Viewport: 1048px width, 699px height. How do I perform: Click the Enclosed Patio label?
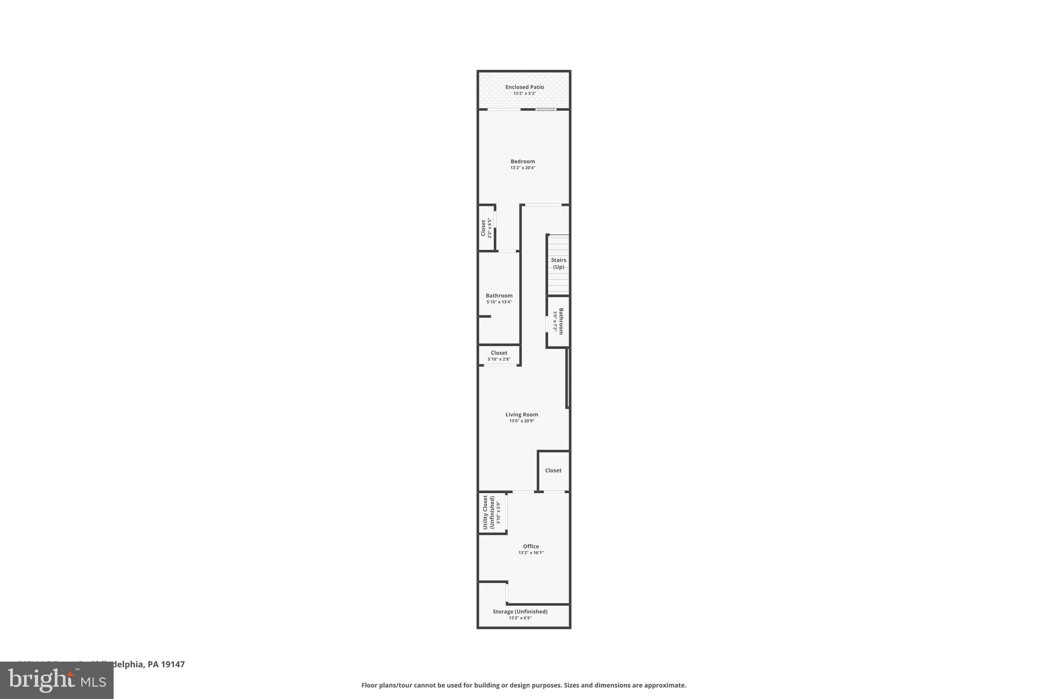(525, 87)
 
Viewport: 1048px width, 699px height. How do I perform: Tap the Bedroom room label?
(522, 161)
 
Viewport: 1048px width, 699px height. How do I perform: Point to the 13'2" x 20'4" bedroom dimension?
(522, 168)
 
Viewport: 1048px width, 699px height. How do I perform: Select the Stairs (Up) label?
(558, 263)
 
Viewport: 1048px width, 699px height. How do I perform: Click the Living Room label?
(521, 415)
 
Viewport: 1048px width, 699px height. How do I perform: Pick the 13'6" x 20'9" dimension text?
(521, 421)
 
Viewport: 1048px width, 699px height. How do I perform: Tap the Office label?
(531, 546)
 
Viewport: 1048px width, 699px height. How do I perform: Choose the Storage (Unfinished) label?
(520, 611)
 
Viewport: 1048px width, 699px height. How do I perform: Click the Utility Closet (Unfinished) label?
(488, 512)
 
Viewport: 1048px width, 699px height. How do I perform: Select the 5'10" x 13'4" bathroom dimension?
(499, 302)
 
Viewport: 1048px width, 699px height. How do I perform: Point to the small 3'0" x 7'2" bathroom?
(558, 321)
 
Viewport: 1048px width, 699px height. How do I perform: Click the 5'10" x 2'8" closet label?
(499, 356)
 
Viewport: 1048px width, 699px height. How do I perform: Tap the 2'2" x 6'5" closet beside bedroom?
(486, 228)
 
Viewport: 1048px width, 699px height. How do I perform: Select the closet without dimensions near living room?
(553, 471)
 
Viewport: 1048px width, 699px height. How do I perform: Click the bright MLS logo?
(57, 680)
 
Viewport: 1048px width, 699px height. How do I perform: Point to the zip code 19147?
(172, 664)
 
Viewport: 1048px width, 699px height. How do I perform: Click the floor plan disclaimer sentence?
(523, 685)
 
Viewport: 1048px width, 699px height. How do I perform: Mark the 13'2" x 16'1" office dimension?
(531, 553)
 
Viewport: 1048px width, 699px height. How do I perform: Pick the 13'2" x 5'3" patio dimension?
(525, 94)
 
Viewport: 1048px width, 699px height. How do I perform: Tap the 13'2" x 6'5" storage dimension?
(520, 618)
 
